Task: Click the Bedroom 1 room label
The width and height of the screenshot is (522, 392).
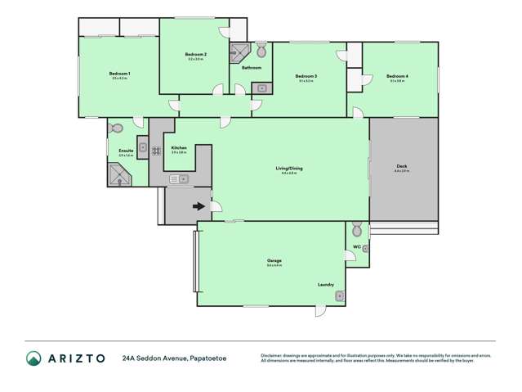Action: pyautogui.click(x=119, y=74)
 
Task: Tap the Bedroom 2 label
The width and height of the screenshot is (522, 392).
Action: pyautogui.click(x=197, y=54)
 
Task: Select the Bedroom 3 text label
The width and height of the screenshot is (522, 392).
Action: pyautogui.click(x=307, y=76)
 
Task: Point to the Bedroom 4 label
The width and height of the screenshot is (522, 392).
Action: pyautogui.click(x=398, y=76)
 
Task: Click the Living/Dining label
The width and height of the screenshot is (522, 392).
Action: pyautogui.click(x=290, y=168)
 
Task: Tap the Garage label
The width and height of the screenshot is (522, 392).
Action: pyautogui.click(x=274, y=260)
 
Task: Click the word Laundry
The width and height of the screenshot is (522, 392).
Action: pyautogui.click(x=326, y=284)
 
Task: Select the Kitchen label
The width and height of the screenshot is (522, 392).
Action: pyautogui.click(x=179, y=148)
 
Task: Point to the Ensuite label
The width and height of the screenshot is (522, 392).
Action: pyautogui.click(x=126, y=151)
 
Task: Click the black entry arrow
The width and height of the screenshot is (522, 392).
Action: pyautogui.click(x=199, y=206)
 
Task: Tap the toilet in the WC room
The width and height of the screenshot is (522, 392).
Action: pyautogui.click(x=356, y=228)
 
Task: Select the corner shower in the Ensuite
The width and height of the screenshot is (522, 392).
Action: pyautogui.click(x=119, y=174)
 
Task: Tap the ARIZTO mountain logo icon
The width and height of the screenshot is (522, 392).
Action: pyautogui.click(x=33, y=358)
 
